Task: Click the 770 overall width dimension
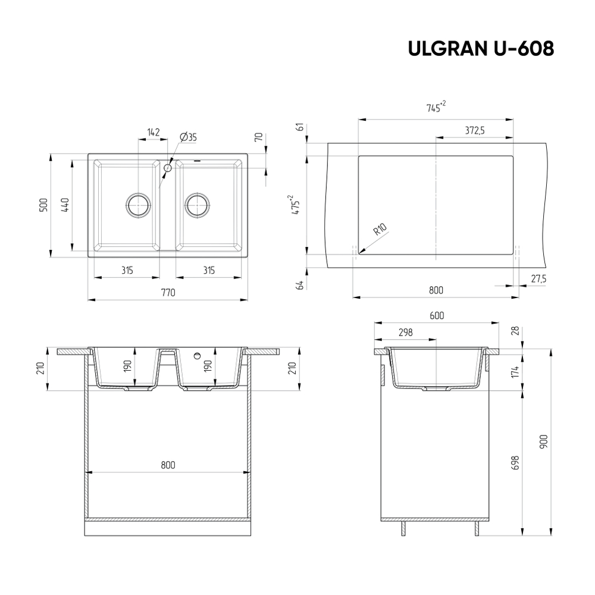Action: (x=167, y=292)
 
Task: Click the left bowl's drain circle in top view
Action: (x=139, y=205)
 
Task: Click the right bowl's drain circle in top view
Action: (x=196, y=205)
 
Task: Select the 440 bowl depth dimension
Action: (x=65, y=205)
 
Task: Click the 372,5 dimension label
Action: (x=474, y=131)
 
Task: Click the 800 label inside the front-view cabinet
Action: (x=167, y=465)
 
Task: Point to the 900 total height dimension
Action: (x=543, y=441)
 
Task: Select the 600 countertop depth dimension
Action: (x=436, y=316)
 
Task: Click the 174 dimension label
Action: (x=516, y=372)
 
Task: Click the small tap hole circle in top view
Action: (x=167, y=168)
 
